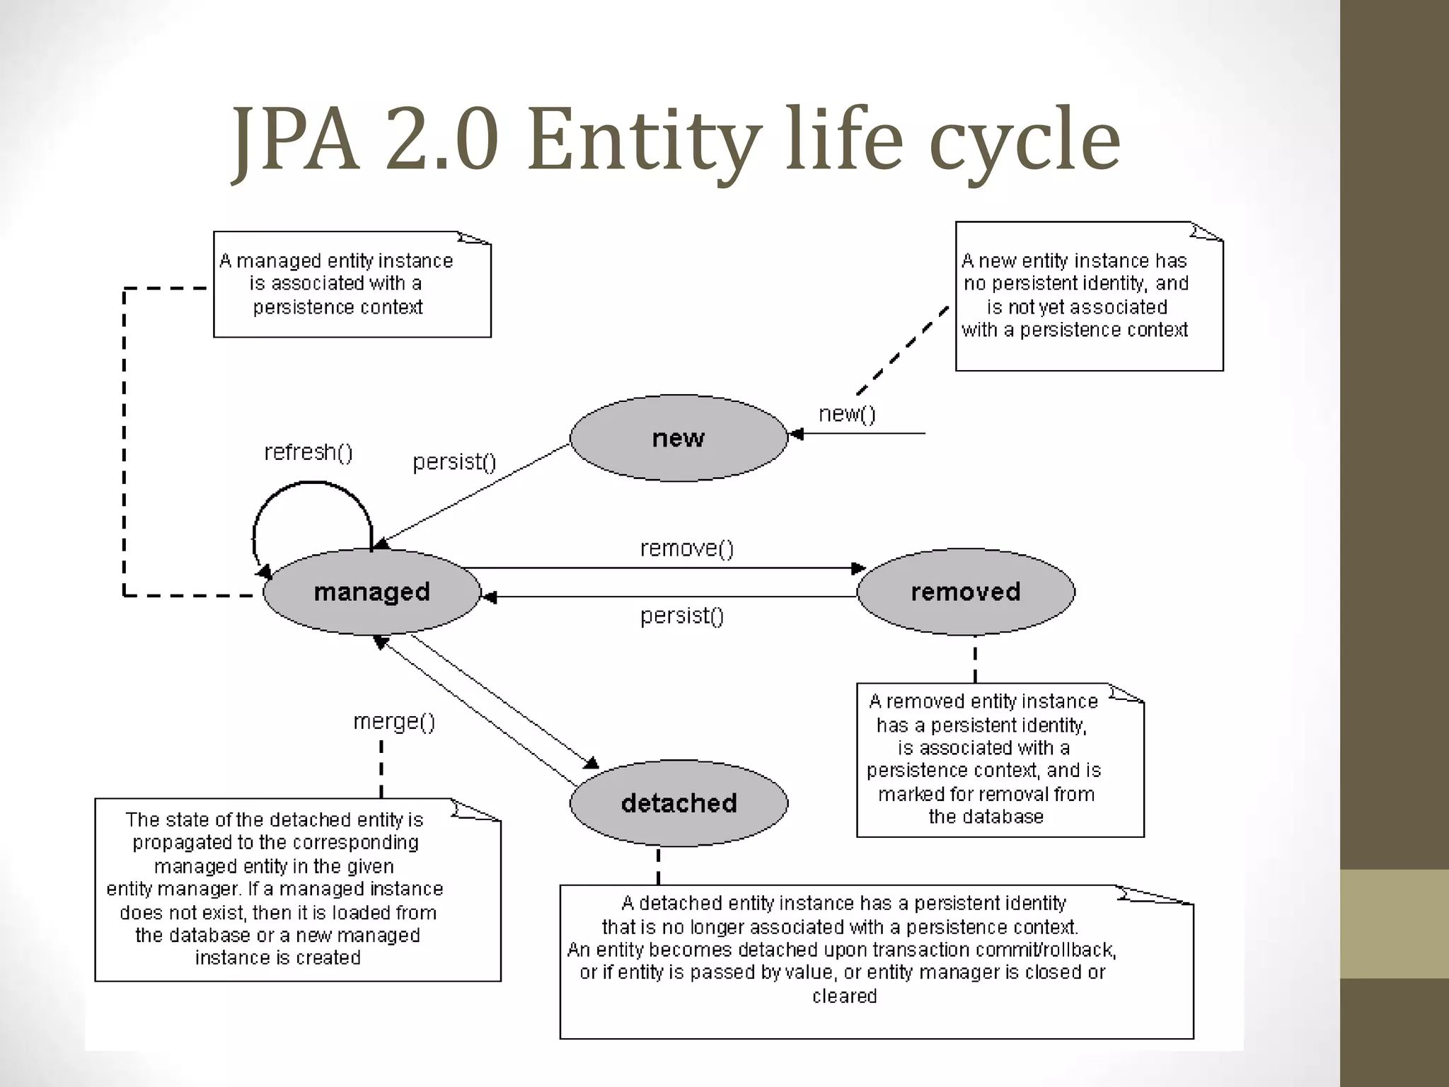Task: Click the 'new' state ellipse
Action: tap(678, 438)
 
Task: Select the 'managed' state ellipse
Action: tap(371, 592)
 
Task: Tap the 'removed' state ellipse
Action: tap(966, 592)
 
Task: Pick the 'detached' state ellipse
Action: tap(679, 803)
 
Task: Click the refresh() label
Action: tap(308, 452)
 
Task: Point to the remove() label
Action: tap(687, 548)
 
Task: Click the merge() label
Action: tap(394, 722)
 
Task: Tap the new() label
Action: tap(847, 414)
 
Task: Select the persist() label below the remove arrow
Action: tap(682, 616)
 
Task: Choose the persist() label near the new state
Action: tap(454, 462)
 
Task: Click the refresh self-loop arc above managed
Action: tap(312, 484)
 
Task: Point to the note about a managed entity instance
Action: tap(352, 284)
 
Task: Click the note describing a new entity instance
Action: tap(1089, 296)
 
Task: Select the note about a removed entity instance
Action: tap(1000, 759)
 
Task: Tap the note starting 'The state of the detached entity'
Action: tap(297, 889)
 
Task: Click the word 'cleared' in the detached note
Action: tap(844, 996)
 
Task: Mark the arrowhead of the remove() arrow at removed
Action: tap(859, 568)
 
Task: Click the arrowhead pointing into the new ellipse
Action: tap(796, 434)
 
